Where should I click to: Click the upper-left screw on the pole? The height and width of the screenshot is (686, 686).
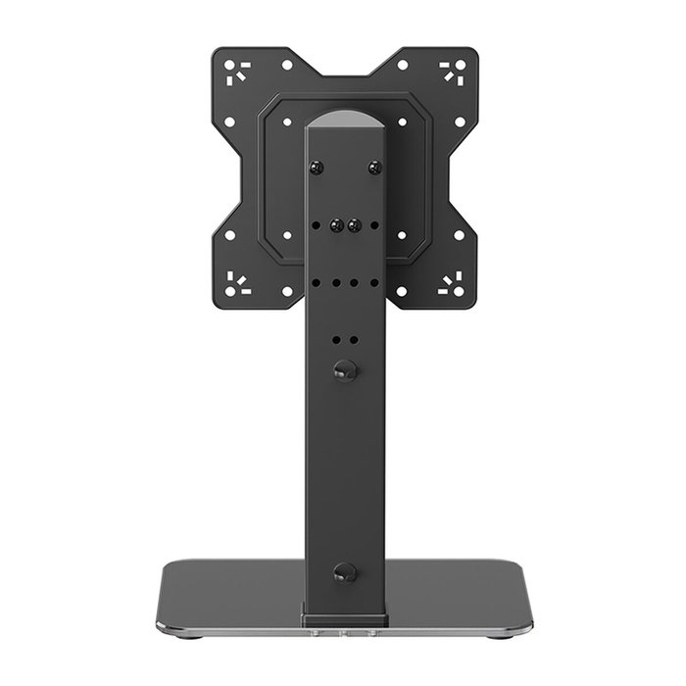coord(315,168)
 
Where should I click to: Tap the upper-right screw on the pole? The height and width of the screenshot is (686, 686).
coord(372,168)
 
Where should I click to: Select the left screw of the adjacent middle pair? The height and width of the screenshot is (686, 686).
coord(336,223)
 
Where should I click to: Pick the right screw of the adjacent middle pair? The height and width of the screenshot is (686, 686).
coord(352,223)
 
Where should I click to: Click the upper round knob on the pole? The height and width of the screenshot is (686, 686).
coord(343,369)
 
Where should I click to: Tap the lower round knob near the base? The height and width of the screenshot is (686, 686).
coord(343,573)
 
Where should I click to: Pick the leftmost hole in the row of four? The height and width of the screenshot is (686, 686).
coord(318,281)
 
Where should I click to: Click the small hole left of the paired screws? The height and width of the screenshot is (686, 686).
coord(318,224)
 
